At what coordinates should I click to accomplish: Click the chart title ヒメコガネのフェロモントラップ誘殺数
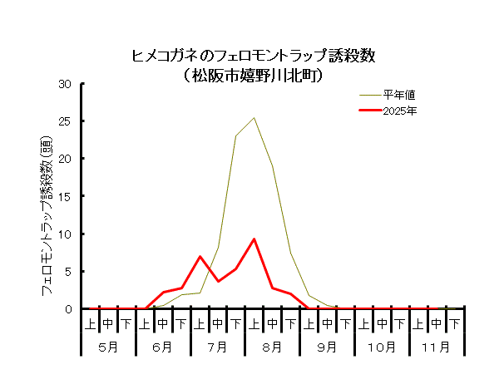[254, 57]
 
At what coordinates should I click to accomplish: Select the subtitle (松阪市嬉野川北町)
[254, 76]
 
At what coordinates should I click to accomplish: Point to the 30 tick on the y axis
[65, 84]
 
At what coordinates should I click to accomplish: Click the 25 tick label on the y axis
[65, 121]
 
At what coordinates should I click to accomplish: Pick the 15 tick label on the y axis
[65, 196]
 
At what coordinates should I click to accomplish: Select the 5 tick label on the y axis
[68, 271]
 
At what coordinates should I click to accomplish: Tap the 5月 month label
[108, 346]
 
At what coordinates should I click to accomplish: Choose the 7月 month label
[217, 346]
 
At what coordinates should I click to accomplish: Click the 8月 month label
[272, 346]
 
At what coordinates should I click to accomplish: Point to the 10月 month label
[381, 346]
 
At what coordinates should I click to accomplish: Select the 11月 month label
[436, 346]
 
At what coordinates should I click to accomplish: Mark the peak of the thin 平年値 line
[254, 117]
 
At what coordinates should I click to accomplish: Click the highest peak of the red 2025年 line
[254, 239]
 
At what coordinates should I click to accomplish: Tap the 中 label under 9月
[327, 323]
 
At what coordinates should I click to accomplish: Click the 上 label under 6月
[145, 323]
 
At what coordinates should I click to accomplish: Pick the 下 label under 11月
[454, 323]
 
